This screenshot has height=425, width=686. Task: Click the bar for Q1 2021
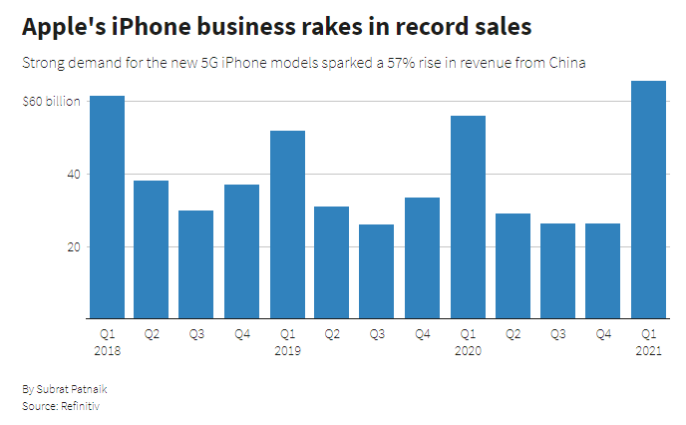tap(648, 200)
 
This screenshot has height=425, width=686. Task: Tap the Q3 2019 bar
tap(377, 271)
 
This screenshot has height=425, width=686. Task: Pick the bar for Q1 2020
tap(468, 217)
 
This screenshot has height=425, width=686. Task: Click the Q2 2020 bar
tap(513, 266)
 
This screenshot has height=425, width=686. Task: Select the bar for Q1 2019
tap(287, 224)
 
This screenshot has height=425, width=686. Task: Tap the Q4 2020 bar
tap(602, 271)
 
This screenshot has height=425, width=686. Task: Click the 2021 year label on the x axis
tap(648, 351)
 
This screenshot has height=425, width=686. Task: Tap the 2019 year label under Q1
tap(287, 351)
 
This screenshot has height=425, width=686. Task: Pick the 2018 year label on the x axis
tap(107, 351)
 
